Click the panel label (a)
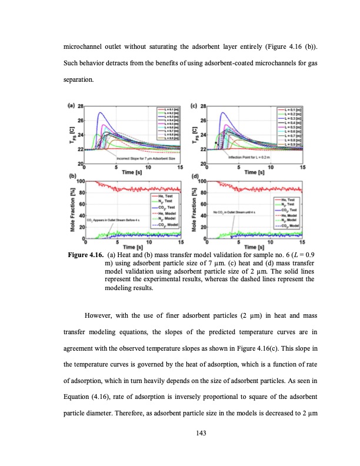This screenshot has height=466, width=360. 71,106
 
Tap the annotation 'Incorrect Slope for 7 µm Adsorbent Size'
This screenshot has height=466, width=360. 128,158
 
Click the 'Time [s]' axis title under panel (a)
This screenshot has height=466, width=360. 134,172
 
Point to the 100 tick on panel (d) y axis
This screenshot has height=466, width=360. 199,181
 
